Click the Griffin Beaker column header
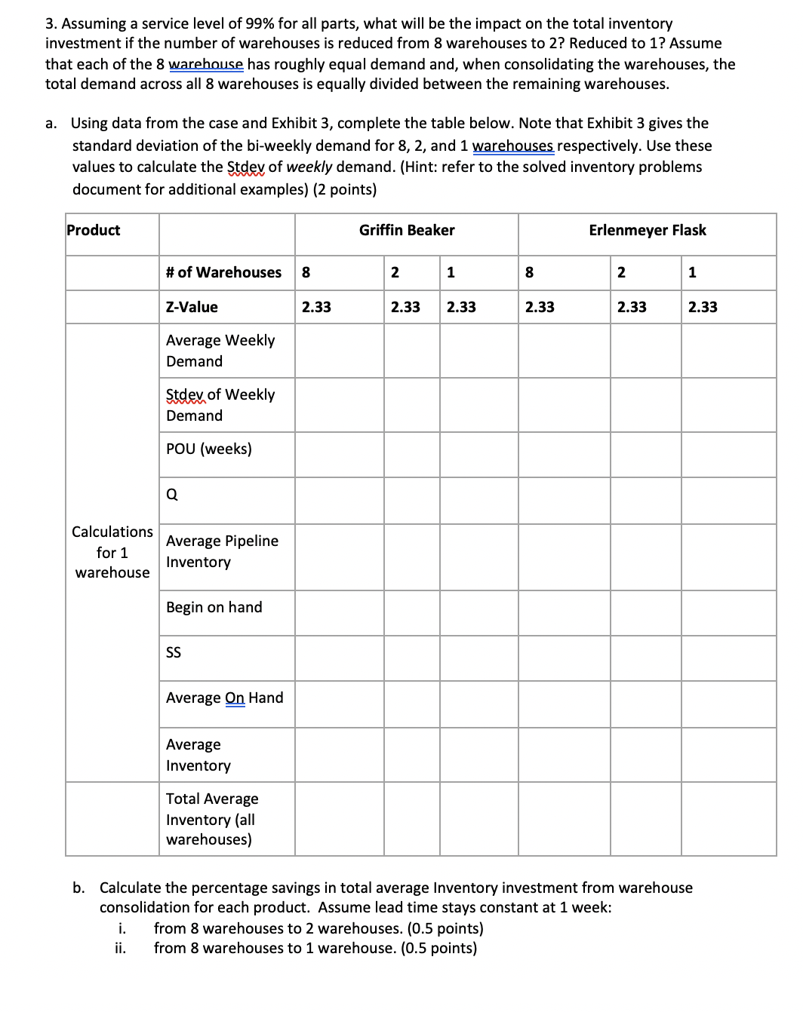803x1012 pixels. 407,231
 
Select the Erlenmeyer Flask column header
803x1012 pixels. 647,231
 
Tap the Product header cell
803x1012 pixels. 94,231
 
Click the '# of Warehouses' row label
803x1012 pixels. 223,273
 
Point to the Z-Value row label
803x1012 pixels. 192,308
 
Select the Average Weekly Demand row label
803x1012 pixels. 220,351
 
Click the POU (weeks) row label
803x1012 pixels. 209,449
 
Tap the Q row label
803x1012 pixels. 172,495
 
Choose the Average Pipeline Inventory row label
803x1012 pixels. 222,551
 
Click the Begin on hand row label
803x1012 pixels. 214,608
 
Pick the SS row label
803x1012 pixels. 174,653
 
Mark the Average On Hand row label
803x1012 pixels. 225,698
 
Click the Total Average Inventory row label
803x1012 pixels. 212,819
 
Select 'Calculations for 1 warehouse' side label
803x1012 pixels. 112,553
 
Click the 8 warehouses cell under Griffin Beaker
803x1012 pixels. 306,273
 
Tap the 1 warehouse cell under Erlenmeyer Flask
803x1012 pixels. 693,273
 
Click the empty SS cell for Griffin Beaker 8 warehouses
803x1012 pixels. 339,658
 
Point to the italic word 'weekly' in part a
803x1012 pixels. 309,167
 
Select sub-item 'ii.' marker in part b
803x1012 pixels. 120,949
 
